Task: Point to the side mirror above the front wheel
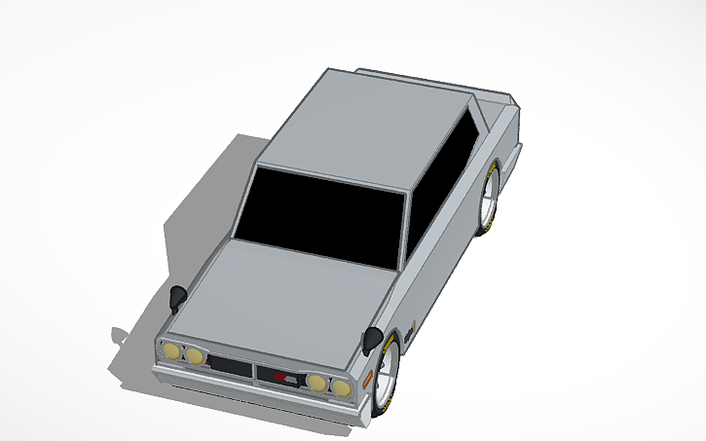tap(372, 340)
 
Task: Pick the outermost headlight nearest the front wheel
tap(341, 387)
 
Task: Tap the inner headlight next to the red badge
tap(318, 382)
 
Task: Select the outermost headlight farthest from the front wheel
tap(170, 351)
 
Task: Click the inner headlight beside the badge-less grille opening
tap(195, 356)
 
